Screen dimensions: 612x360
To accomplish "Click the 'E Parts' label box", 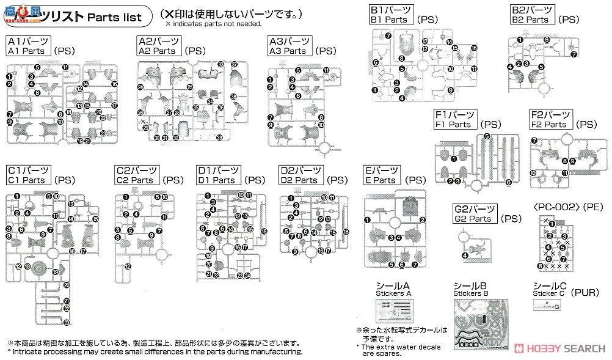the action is pos(382,175).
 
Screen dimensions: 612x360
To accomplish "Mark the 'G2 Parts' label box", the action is pos(474,214).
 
